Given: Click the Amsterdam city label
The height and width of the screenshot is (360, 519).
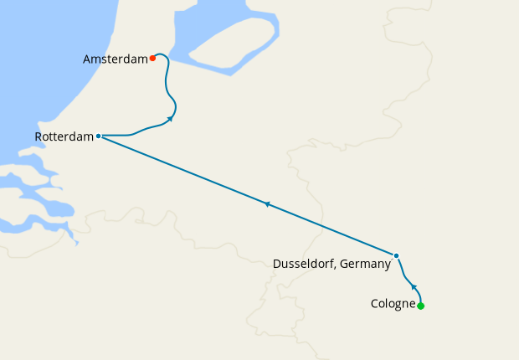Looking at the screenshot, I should click(116, 59).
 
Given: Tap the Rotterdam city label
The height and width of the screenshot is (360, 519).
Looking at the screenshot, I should click(64, 136).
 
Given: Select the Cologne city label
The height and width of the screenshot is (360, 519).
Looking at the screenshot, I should click(393, 304).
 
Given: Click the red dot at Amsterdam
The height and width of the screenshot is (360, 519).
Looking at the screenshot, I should click(152, 59).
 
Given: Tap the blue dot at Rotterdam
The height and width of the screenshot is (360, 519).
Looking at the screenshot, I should click(99, 136).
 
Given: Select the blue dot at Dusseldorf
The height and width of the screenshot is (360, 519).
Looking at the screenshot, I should click(397, 255).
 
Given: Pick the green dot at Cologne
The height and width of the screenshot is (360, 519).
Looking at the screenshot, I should click(420, 306).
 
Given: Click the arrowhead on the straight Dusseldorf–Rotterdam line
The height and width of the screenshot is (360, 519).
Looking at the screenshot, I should click(267, 203).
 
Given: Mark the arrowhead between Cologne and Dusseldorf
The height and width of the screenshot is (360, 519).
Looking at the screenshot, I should click(413, 287).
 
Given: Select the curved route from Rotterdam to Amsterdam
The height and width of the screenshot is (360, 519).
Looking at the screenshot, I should click(167, 84).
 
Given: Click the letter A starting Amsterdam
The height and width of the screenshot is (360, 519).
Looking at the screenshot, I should click(87, 59).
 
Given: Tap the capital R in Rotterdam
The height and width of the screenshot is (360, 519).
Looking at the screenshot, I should click(39, 136).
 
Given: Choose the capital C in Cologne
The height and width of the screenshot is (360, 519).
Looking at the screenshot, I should click(374, 304).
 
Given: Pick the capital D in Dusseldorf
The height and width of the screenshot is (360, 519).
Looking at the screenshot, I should click(278, 264).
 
